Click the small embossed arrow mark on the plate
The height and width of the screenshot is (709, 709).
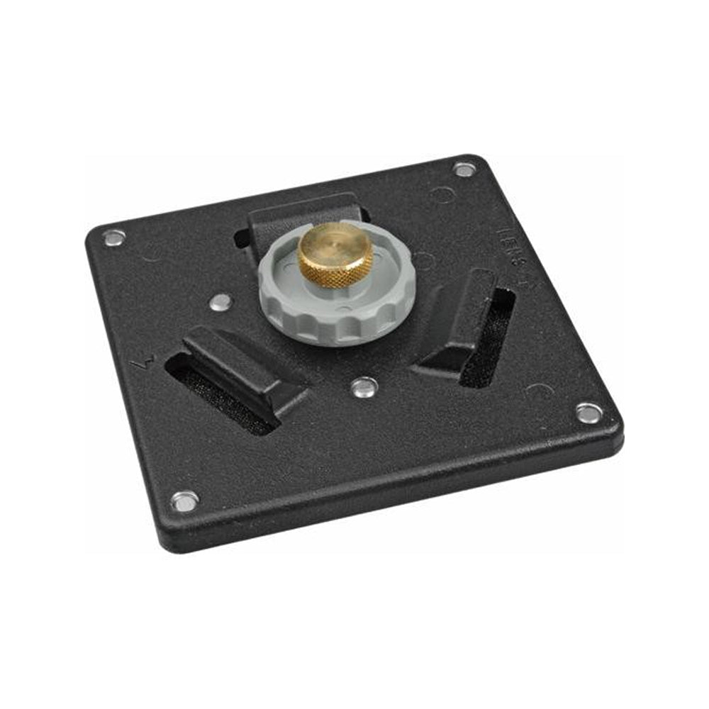[140, 364]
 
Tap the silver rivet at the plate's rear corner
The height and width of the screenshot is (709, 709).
[464, 169]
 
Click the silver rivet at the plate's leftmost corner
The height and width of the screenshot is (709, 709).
[113, 237]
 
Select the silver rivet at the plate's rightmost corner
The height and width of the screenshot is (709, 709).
[588, 411]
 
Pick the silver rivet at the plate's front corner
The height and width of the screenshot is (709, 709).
[185, 501]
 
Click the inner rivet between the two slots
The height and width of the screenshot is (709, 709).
[363, 386]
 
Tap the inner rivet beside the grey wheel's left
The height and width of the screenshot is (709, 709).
[221, 303]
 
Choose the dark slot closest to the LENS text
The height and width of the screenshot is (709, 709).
[489, 340]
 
